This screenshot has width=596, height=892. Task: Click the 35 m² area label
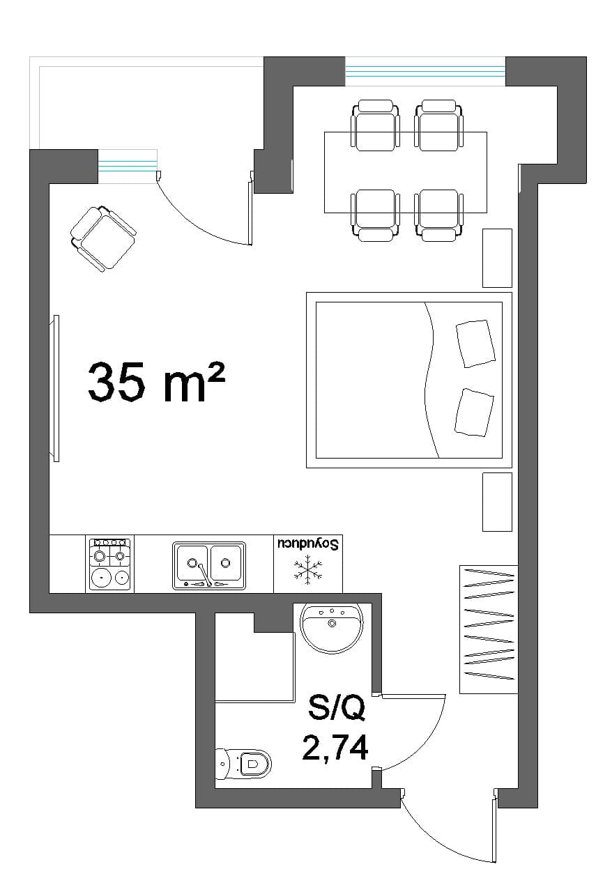click(156, 382)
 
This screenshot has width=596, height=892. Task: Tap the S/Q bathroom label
click(336, 709)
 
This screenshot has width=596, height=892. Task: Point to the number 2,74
click(335, 748)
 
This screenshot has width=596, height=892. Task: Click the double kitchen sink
click(208, 565)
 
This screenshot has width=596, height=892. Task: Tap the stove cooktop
click(110, 564)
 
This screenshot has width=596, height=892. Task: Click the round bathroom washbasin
click(332, 628)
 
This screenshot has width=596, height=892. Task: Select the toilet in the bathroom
click(243, 763)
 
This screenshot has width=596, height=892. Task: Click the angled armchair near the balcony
click(102, 238)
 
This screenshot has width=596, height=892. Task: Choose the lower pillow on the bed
click(474, 412)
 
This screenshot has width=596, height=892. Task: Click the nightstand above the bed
click(497, 258)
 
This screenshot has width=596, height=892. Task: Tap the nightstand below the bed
click(497, 502)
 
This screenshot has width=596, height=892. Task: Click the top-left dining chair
click(375, 125)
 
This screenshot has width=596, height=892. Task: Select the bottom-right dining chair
click(438, 215)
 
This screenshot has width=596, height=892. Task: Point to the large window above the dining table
click(425, 71)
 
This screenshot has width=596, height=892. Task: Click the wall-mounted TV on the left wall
click(56, 388)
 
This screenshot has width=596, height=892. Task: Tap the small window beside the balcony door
click(128, 167)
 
